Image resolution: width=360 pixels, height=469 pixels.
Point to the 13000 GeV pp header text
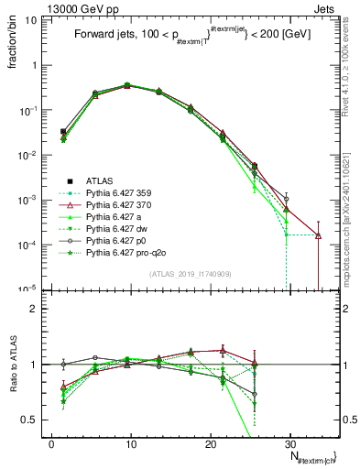tap(41, 7)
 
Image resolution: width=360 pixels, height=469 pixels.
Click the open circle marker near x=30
tap(287, 199)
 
